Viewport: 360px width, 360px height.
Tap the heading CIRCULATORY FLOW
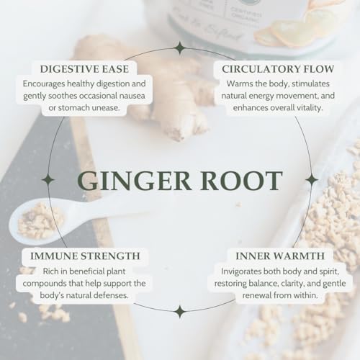coord(267,69)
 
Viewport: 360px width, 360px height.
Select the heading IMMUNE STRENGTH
coord(85,256)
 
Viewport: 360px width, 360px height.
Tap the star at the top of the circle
coord(179,48)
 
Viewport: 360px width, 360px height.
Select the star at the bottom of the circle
coord(179,311)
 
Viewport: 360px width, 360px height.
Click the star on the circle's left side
coord(48,179)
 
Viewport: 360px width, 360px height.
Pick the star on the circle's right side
coord(311,179)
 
